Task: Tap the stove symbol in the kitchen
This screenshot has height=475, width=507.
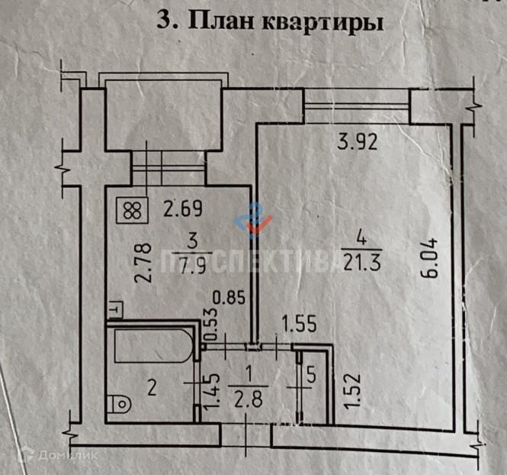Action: tap(131, 209)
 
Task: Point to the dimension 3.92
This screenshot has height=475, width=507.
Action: tap(356, 140)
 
